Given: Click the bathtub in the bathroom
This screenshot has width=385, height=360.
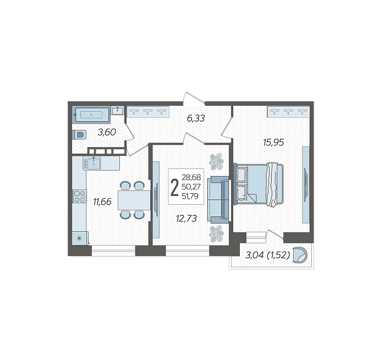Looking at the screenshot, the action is tap(92, 114).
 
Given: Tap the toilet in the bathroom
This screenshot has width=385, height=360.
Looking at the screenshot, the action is tap(79, 135).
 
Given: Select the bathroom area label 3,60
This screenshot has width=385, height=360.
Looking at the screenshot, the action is tap(107, 133).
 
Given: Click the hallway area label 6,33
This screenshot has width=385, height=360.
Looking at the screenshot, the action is tap(196, 118).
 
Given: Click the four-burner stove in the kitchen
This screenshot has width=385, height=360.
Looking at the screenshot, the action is tap(80, 197).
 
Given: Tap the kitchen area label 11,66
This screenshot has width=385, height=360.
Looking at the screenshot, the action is tap(102, 202).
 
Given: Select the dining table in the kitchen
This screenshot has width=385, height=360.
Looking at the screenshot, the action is tap(134, 200).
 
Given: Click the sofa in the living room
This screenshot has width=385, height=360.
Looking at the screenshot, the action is tap(218, 199).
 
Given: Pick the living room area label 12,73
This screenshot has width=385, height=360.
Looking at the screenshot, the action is tap(186, 218).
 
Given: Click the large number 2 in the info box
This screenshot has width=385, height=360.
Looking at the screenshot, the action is tap(174, 188).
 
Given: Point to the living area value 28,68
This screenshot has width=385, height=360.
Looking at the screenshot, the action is tap(191, 177).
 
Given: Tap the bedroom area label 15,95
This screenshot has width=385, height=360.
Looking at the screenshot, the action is tap(273, 142).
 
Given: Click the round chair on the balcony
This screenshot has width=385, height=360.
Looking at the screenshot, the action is tap(300, 254).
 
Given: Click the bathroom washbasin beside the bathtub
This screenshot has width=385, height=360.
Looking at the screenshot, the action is tap(118, 111).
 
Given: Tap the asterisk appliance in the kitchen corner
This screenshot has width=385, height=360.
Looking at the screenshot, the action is tap(80, 238).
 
